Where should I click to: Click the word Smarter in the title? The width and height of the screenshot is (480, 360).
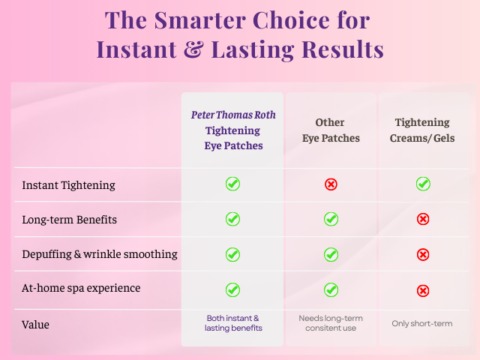coord(201,20)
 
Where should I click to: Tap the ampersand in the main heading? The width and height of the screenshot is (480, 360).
coord(193,50)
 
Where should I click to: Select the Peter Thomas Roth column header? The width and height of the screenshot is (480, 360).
coord(233,130)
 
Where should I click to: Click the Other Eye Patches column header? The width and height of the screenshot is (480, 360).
coord(331,130)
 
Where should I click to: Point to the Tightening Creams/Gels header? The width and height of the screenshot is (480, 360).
coord(422,130)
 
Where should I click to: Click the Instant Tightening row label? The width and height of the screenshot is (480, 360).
coord(69,185)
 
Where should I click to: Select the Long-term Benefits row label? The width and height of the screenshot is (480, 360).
coord(69,220)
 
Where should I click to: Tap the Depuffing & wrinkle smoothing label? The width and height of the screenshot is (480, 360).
coord(100,254)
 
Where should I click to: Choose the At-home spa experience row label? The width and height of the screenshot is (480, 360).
coord(81,288)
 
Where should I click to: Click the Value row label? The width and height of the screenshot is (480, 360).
coord(35,325)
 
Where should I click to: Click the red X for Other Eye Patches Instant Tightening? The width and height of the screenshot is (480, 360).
coord(331,184)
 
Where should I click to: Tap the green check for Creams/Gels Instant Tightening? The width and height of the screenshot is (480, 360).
coord(423,184)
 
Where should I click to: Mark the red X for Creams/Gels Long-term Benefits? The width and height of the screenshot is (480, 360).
coord(423,219)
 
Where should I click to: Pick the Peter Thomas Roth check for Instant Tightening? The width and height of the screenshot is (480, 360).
coord(233,184)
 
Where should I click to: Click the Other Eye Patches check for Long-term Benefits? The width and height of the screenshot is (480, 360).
coord(331,219)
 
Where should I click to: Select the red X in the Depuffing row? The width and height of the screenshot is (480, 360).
coord(423,255)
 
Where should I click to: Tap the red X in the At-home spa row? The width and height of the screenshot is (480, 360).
coord(423,291)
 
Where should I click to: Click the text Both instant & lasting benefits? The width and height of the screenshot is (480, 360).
coord(233,323)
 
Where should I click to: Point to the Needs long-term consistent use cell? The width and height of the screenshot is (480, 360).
coord(331,323)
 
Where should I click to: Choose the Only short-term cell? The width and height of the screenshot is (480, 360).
coord(422,323)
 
